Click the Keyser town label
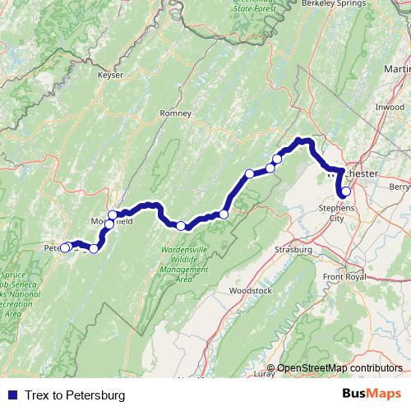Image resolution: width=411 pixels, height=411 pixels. [110, 75]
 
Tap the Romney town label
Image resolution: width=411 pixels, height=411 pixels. [175, 113]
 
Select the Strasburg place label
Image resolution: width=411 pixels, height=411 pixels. [294, 248]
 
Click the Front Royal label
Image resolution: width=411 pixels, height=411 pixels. [344, 277]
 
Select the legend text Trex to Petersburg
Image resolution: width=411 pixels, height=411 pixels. [74, 395]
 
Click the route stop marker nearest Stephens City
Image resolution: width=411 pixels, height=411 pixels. [346, 192]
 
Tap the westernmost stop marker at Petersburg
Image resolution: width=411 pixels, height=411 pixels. [65, 247]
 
